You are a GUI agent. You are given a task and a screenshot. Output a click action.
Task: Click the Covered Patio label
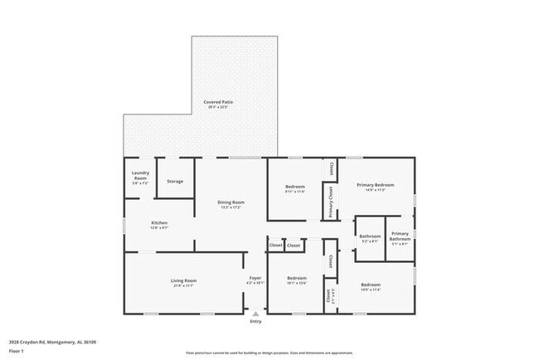click(218, 102)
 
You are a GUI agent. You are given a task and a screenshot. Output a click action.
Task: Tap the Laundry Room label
click(140, 175)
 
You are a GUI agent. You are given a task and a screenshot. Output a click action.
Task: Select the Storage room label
click(175, 181)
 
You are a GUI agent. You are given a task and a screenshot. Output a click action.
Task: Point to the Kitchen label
click(159, 223)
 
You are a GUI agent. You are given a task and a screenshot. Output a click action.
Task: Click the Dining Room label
click(231, 202)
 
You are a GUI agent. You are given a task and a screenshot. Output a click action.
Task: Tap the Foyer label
click(255, 278)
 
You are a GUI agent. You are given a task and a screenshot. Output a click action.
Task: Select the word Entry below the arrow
click(255, 322)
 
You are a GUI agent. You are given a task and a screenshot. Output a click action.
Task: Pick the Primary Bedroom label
click(375, 184)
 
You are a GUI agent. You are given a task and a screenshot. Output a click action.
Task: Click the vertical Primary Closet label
click(331, 202)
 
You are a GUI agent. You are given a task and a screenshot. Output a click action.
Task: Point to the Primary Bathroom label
click(400, 236)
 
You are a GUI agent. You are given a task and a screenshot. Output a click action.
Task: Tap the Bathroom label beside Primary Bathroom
click(370, 236)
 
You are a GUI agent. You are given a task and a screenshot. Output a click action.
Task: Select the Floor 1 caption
click(17, 352)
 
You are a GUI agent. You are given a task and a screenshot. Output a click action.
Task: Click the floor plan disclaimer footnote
click(269, 352)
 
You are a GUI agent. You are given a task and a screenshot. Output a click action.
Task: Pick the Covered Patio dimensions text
click(218, 107)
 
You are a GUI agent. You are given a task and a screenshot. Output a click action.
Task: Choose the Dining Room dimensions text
click(231, 207)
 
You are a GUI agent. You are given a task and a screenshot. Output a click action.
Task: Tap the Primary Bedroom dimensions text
click(375, 189)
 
